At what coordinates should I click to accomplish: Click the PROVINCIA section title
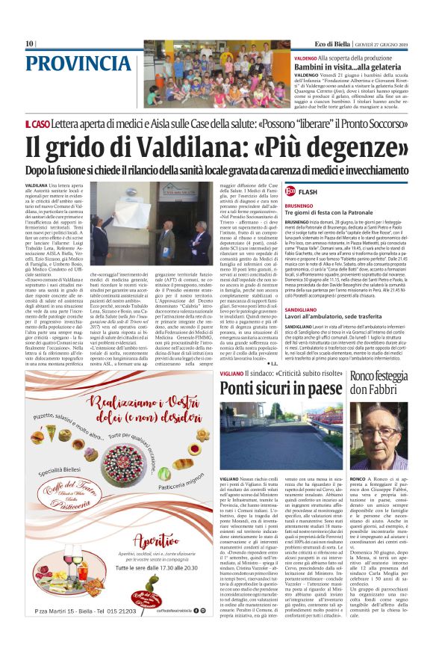pyautogui.click(x=69, y=63)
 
